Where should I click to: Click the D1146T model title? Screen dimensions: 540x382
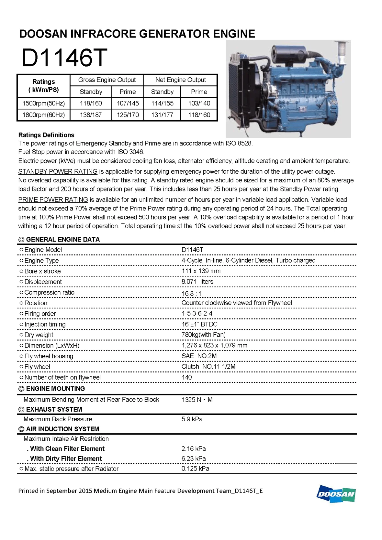coord(64,58)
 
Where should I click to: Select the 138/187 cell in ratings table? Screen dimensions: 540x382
coord(91,115)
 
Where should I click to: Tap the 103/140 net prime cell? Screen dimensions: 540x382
coord(199,103)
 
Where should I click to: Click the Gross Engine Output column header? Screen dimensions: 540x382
coord(107,80)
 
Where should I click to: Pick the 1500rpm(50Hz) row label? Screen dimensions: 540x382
coord(43,103)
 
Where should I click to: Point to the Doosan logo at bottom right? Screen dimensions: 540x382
coord(336,494)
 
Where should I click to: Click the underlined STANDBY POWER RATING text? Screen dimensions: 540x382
coord(58,171)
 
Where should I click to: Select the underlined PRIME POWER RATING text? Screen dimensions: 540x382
coord(53,200)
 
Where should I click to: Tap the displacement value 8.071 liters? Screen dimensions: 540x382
coord(197,282)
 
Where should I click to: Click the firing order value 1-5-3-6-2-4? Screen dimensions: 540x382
coord(197,313)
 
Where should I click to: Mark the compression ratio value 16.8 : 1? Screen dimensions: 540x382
coord(192,293)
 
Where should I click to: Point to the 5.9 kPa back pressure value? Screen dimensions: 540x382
coord(192,419)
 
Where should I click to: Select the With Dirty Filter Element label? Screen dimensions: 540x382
coord(66,459)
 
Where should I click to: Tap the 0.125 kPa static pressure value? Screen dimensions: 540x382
coord(195,469)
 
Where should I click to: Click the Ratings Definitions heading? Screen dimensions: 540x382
coord(46,135)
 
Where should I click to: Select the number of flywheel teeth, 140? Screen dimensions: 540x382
coord(187,377)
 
